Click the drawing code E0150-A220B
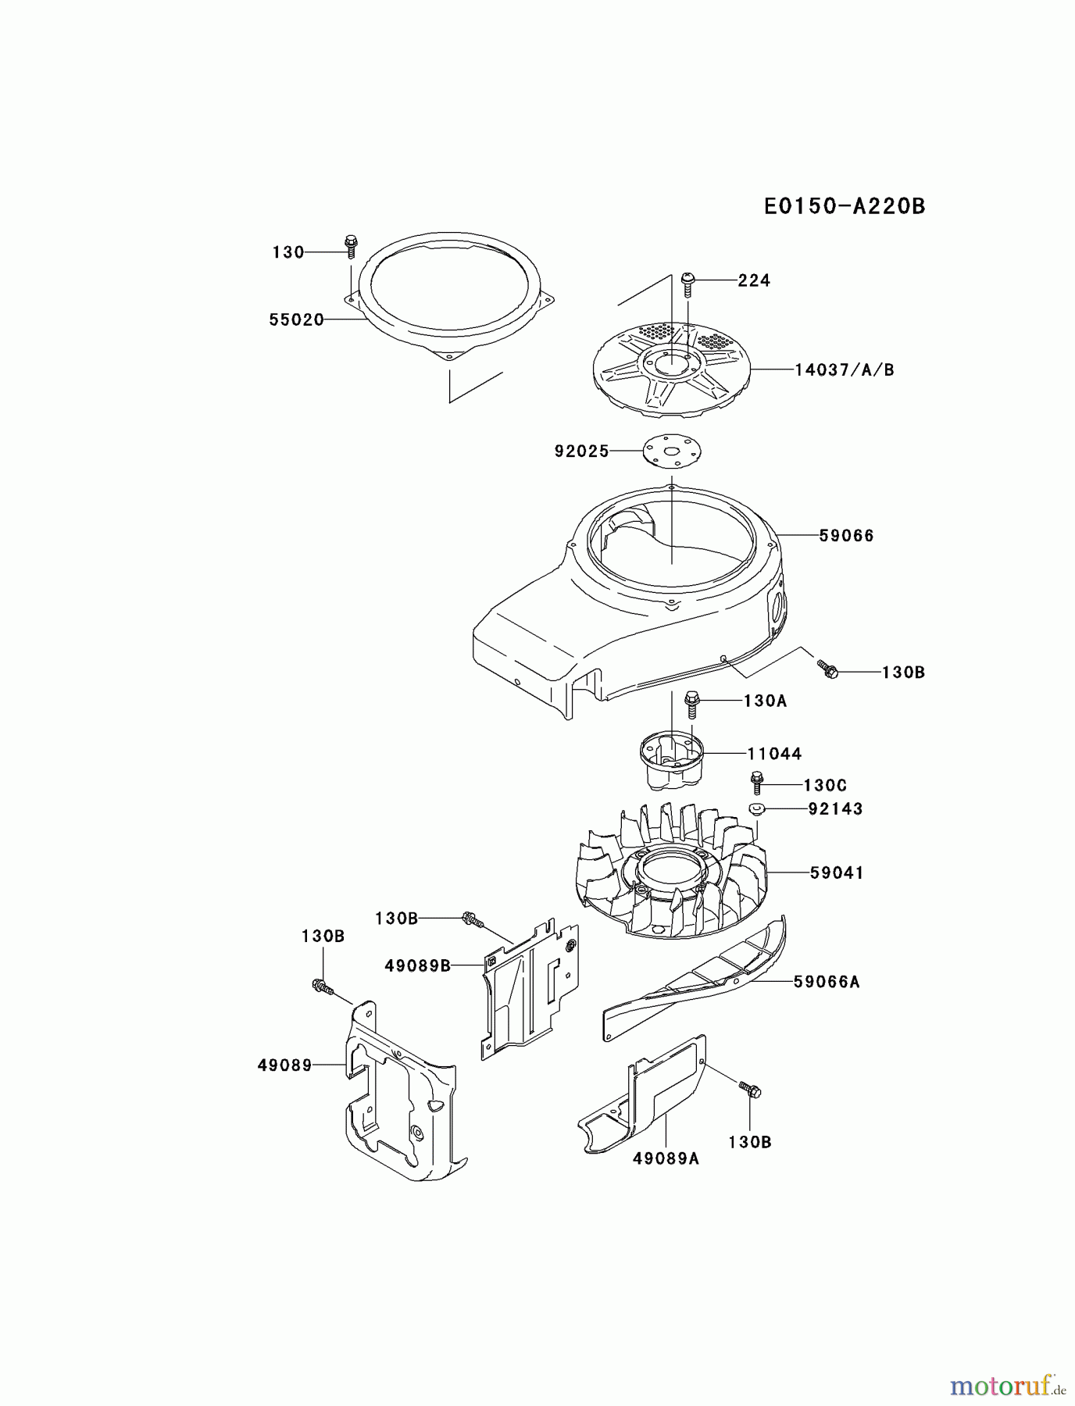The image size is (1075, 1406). pyautogui.click(x=844, y=206)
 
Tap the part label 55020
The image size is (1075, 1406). pyautogui.click(x=296, y=319)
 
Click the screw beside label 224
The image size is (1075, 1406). pyautogui.click(x=688, y=283)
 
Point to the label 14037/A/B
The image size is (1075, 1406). pyautogui.click(x=845, y=369)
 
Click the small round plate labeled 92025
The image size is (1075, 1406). pyautogui.click(x=673, y=451)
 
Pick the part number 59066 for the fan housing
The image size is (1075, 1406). pyautogui.click(x=846, y=536)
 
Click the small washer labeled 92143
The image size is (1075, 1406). pyautogui.click(x=755, y=809)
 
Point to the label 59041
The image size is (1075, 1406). pyautogui.click(x=837, y=873)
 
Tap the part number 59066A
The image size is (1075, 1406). pyautogui.click(x=827, y=982)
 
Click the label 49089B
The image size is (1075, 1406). pyautogui.click(x=417, y=965)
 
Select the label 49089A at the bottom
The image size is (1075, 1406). pyautogui.click(x=666, y=1158)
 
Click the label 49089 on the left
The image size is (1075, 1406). pyautogui.click(x=284, y=1065)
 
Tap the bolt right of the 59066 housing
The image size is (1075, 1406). pyautogui.click(x=828, y=669)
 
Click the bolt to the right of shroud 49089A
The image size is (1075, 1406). pyautogui.click(x=749, y=1090)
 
